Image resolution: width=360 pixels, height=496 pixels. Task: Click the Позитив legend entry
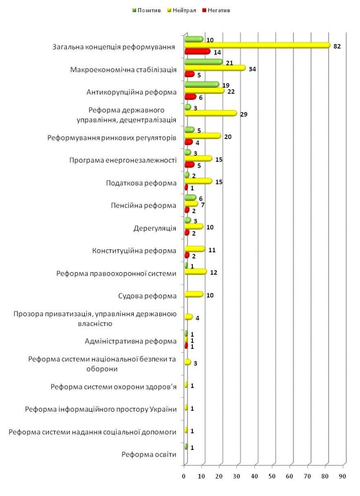click(x=146, y=11)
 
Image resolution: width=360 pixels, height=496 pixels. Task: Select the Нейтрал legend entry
click(x=182, y=11)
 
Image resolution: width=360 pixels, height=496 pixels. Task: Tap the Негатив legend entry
click(x=216, y=11)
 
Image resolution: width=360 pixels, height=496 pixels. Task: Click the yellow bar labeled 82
click(x=257, y=46)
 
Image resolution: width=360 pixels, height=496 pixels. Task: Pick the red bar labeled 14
click(x=197, y=51)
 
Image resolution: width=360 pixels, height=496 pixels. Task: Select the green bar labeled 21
click(x=203, y=62)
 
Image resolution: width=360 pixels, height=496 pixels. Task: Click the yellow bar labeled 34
click(x=215, y=68)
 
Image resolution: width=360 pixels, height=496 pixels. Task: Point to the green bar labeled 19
click(x=202, y=84)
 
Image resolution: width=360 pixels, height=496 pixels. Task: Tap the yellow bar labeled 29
click(x=211, y=113)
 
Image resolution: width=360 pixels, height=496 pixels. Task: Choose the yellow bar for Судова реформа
click(x=194, y=294)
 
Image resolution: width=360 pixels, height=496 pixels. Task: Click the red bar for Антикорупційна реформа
click(x=190, y=97)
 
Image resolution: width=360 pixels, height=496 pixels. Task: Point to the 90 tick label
click(x=343, y=477)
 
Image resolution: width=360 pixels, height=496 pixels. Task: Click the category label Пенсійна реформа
click(x=143, y=205)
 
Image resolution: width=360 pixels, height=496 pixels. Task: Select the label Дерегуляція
click(x=155, y=229)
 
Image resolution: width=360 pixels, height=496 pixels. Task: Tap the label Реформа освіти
click(x=149, y=454)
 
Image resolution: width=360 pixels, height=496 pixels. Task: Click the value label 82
click(x=337, y=46)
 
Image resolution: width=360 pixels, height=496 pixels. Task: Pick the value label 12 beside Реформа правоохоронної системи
click(x=214, y=273)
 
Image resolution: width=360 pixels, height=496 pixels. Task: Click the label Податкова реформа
click(x=141, y=183)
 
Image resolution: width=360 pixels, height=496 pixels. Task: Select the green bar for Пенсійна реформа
click(x=190, y=198)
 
